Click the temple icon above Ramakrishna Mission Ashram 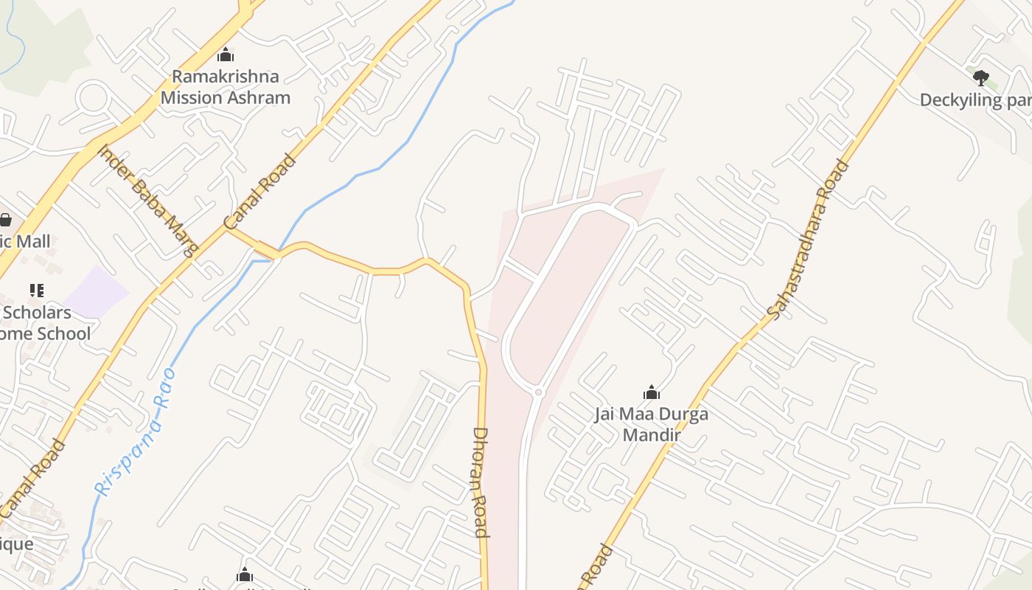pyautogui.click(x=226, y=55)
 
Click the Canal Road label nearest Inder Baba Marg pyautogui.click(x=259, y=192)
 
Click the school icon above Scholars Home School pyautogui.click(x=36, y=291)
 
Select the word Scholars pyautogui.click(x=37, y=312)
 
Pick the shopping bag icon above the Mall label pyautogui.click(x=5, y=220)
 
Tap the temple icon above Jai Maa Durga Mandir pyautogui.click(x=651, y=392)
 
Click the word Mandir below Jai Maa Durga pyautogui.click(x=651, y=434)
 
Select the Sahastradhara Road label pyautogui.click(x=809, y=240)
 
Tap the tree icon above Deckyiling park pyautogui.click(x=980, y=77)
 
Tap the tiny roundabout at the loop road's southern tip pyautogui.click(x=538, y=392)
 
